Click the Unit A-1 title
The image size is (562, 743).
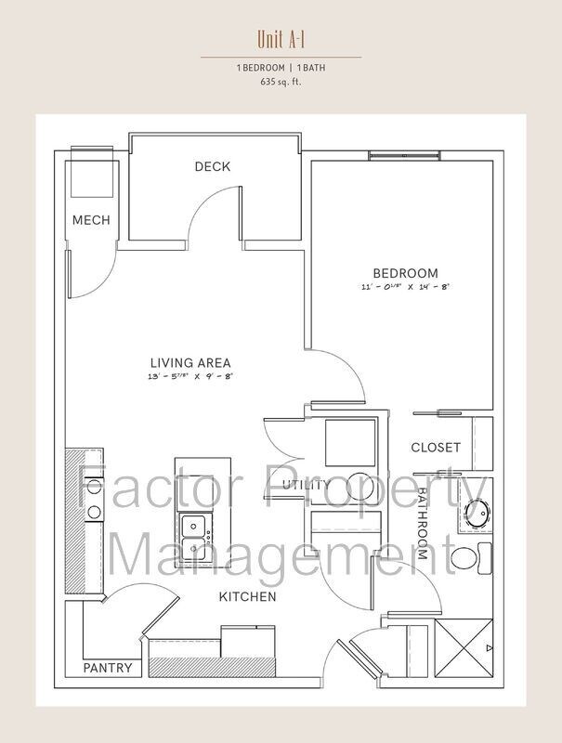pos(281,39)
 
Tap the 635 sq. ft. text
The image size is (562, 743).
pos(281,82)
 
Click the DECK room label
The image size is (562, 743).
pos(213,166)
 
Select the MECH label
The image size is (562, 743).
pos(91,220)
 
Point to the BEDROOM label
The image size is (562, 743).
pos(406,273)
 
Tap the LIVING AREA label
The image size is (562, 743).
pos(190,363)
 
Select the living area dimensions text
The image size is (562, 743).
pos(190,377)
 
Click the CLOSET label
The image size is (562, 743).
pos(436,448)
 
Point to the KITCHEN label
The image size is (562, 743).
pos(247,596)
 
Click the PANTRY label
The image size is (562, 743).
pos(108,668)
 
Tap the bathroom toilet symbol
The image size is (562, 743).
pos(472,558)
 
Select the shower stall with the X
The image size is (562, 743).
pos(464,647)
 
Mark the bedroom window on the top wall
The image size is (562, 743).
pos(405,155)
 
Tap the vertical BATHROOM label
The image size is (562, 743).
pos(421,524)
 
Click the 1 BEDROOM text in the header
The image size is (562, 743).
pos(261,68)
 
